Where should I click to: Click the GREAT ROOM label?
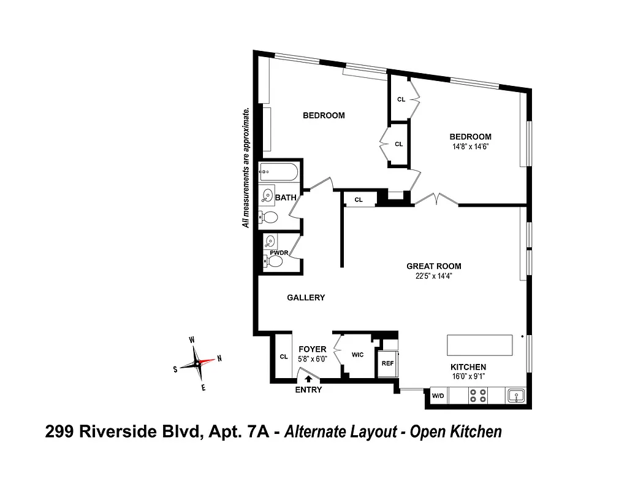coord(433,266)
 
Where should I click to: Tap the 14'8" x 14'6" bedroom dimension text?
coord(470,147)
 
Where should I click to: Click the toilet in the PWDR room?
coord(274,262)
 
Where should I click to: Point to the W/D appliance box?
coord(438,396)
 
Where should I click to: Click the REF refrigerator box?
coord(387,363)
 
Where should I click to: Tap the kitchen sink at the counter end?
coord(517,396)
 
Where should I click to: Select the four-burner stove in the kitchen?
coord(478,395)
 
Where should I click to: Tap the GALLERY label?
coord(306,298)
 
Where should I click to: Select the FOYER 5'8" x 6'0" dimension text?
coord(313,358)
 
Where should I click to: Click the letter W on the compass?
coord(192,339)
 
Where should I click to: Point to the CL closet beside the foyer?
coord(283,357)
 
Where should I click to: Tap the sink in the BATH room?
coord(268,196)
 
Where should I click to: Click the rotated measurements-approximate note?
coord(246,168)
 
